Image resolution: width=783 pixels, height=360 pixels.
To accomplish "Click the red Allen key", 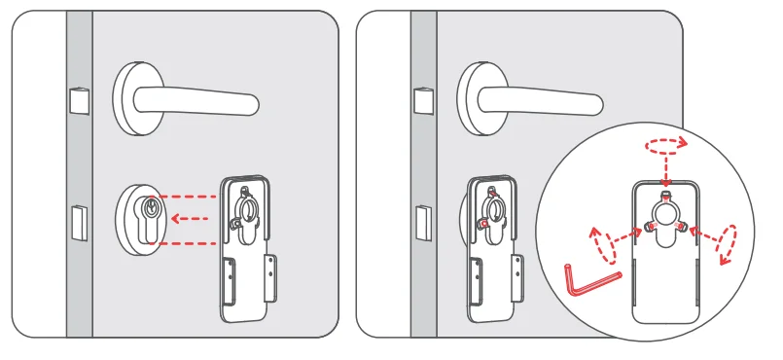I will (587, 281).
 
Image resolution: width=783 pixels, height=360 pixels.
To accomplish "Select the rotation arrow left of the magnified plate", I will (605, 246).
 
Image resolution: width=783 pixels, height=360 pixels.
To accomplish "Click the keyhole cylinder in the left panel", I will (150, 212).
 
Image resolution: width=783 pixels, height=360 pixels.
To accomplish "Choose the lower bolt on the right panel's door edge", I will (422, 223).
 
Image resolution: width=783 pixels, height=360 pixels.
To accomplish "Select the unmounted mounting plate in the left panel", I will (248, 248).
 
